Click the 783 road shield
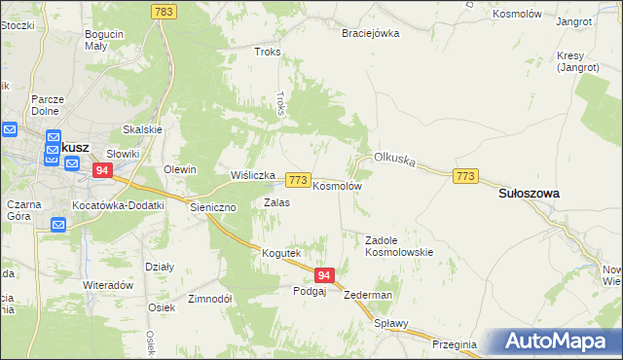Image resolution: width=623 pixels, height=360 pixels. tap(164, 11)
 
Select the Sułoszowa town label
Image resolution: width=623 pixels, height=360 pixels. tap(529, 194)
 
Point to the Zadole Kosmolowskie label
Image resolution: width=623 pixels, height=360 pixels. tap(398, 245)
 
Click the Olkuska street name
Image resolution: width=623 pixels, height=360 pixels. tap(395, 159)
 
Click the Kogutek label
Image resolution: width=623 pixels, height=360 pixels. tap(280, 253)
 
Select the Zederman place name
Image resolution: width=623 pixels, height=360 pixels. tap(368, 295)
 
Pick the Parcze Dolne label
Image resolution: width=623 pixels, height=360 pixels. tap(48, 104)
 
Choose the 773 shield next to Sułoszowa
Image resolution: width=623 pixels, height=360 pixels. tap(465, 175)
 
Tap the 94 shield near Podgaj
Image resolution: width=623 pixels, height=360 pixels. tap(324, 275)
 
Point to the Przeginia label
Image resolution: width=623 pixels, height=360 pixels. tap(455, 343)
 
